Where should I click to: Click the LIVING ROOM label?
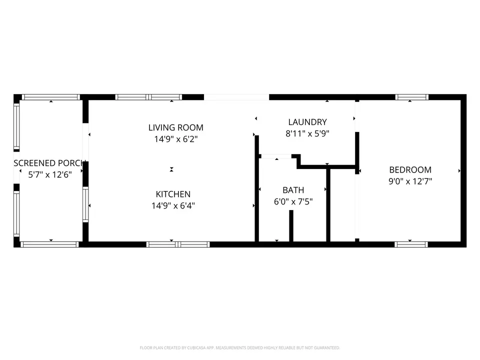point(175,127)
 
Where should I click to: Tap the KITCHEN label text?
point(173,194)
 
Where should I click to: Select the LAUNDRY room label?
point(307,122)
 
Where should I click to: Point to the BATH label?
point(293,190)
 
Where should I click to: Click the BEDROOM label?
point(410,169)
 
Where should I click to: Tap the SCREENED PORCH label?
point(49,163)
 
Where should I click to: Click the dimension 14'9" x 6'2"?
point(175,139)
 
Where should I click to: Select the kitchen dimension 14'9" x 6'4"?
point(173,205)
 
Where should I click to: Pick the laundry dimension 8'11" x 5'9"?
point(307,133)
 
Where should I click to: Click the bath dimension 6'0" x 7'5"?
point(293,201)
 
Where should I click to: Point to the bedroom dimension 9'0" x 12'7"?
point(410,181)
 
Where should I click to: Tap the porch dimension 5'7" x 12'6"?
point(50,174)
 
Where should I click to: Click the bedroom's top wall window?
point(411,97)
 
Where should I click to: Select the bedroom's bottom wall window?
point(411,244)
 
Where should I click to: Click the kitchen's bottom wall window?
point(178,244)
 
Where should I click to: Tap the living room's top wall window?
point(148,97)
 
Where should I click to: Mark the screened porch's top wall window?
point(51,97)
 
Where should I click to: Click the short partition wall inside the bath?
point(291,225)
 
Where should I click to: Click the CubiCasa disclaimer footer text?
point(239,348)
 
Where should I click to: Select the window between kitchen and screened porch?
point(85,204)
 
